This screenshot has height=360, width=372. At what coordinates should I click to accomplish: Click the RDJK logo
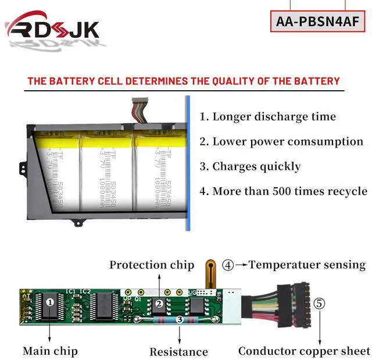53,29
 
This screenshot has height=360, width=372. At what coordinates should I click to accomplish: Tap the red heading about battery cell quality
184,81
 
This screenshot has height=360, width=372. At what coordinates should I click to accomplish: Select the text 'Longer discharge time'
268,116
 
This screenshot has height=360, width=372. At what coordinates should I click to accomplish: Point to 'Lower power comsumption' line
281,141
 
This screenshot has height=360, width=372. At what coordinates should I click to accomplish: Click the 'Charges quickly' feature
251,166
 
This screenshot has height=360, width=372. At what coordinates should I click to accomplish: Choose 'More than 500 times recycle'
284,191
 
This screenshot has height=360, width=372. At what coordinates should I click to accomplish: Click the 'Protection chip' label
152,265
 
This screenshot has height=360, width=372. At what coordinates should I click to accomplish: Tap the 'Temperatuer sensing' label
307,265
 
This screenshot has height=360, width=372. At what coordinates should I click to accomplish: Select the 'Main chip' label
50,351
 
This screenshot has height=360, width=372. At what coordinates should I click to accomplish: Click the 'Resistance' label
178,352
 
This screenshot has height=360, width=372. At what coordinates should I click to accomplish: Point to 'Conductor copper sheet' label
304,351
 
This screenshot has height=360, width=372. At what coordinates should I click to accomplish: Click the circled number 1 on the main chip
50,302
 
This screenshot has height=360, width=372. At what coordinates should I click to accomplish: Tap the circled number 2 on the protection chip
158,303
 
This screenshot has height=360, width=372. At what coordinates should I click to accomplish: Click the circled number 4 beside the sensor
228,265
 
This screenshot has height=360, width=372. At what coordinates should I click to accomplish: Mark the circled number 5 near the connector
319,303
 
